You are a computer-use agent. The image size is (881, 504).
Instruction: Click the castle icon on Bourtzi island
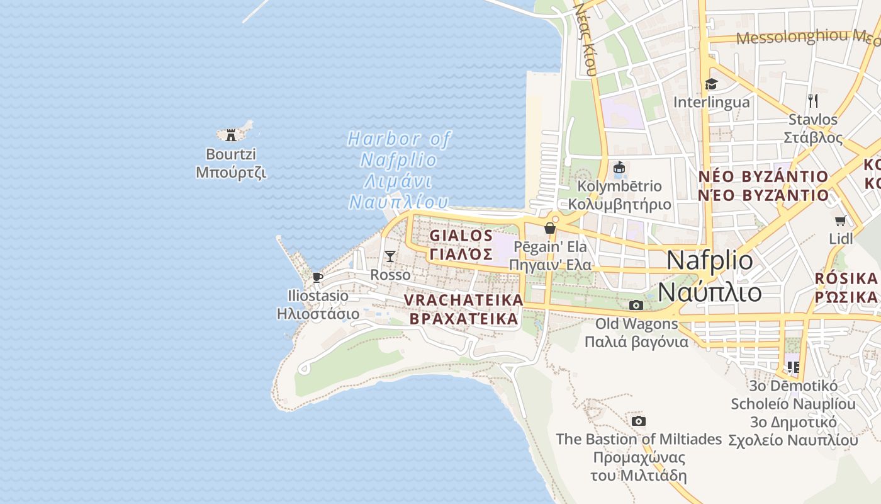(x=231, y=134)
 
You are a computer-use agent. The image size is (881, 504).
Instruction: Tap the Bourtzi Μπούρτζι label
(x=231, y=163)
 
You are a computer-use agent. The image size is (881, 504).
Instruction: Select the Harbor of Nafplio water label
(x=399, y=169)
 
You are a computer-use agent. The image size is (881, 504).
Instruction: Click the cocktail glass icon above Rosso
(x=390, y=256)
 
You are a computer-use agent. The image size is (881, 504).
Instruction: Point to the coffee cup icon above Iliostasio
(x=318, y=277)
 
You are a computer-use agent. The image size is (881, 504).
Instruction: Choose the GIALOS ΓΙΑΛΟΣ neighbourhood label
(x=461, y=244)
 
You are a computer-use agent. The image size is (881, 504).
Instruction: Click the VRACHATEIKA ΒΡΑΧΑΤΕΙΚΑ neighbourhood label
(x=464, y=309)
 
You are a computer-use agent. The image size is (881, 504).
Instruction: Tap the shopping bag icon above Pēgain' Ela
(x=550, y=228)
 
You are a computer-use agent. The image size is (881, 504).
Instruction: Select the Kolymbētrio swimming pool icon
(x=620, y=168)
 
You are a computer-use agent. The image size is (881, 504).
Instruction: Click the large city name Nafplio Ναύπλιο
(x=710, y=276)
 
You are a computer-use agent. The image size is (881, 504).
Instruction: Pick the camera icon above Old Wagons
(x=636, y=306)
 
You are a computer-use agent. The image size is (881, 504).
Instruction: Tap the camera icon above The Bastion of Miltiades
(x=639, y=421)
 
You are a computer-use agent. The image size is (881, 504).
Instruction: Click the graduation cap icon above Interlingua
(x=711, y=84)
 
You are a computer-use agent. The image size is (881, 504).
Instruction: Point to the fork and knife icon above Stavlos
(x=813, y=100)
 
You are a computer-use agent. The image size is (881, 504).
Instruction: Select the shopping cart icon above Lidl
(x=841, y=220)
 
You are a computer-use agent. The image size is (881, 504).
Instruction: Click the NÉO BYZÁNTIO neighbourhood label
(x=763, y=185)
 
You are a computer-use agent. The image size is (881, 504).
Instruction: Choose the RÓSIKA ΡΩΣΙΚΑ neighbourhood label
(x=846, y=287)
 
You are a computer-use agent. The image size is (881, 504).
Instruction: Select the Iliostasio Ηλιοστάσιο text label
(x=318, y=304)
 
